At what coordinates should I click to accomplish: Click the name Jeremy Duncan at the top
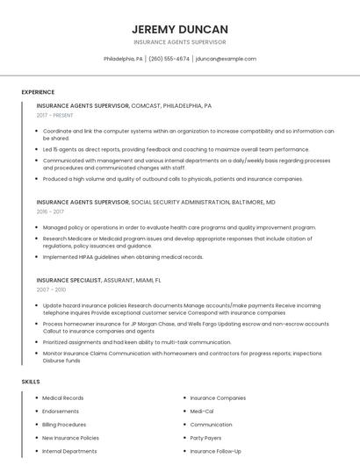[180, 29]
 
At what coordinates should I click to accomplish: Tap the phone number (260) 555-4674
[169, 59]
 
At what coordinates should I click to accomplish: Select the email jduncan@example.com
[226, 59]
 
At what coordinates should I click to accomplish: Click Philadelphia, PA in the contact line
[123, 59]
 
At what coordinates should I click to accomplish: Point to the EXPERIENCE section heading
[38, 92]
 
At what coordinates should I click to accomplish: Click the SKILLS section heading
[30, 382]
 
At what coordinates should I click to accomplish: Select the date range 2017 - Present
[55, 115]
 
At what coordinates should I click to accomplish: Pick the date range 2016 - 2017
[50, 211]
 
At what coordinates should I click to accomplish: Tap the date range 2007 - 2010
[51, 289]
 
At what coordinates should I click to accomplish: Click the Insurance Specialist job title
[76, 280]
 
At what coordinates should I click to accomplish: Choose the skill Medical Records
[63, 398]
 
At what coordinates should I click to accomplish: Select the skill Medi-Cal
[202, 411]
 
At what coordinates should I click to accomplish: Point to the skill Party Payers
[205, 437]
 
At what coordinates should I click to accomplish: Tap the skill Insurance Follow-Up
[215, 451]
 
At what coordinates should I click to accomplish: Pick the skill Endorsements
[61, 411]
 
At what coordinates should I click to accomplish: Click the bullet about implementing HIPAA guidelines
[123, 257]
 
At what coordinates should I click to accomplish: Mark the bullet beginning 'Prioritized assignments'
[137, 342]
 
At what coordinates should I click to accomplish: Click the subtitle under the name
[180, 42]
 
